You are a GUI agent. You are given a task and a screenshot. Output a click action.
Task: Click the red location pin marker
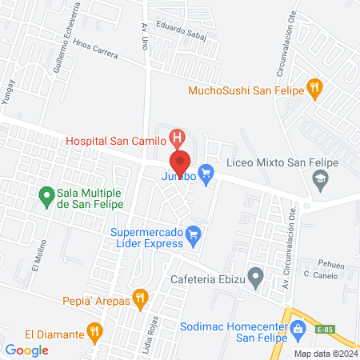(180, 160)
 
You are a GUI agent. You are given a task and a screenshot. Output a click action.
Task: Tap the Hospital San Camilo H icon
(178, 138)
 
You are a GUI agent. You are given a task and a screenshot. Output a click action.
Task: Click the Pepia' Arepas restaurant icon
(140, 300)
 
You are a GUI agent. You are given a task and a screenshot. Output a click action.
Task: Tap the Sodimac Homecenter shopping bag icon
(298, 328)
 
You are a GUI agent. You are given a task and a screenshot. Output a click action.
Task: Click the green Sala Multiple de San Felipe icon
(46, 194)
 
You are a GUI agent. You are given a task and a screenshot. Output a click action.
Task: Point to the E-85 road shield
(324, 328)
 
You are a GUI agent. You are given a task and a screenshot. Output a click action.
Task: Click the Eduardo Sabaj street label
(182, 34)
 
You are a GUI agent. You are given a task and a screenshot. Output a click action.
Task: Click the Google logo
(27, 350)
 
